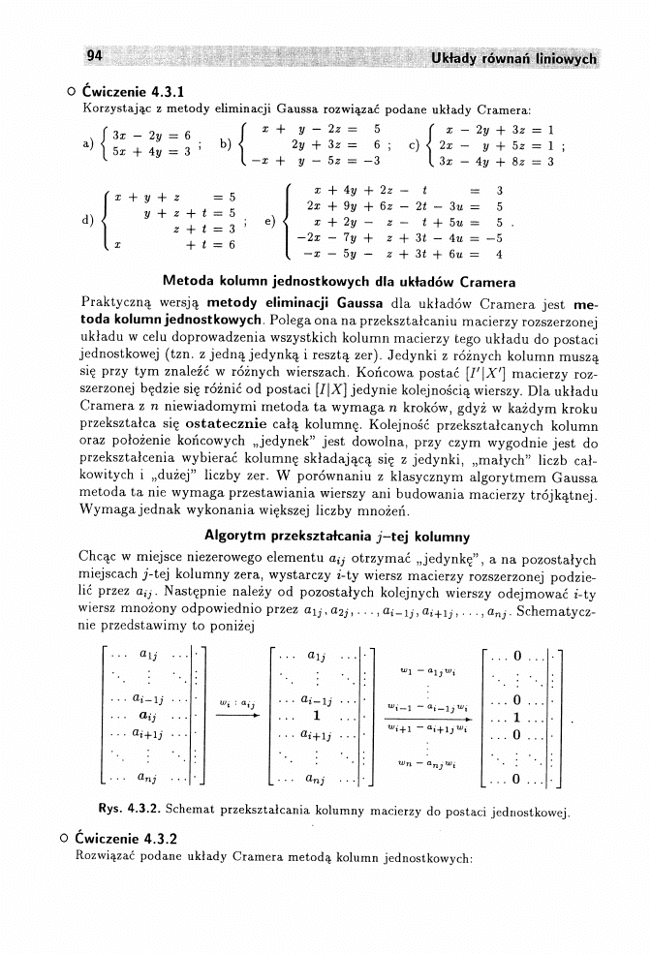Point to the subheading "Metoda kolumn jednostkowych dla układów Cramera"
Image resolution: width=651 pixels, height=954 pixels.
click(x=325, y=283)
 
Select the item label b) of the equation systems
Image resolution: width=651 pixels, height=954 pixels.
click(x=226, y=144)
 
